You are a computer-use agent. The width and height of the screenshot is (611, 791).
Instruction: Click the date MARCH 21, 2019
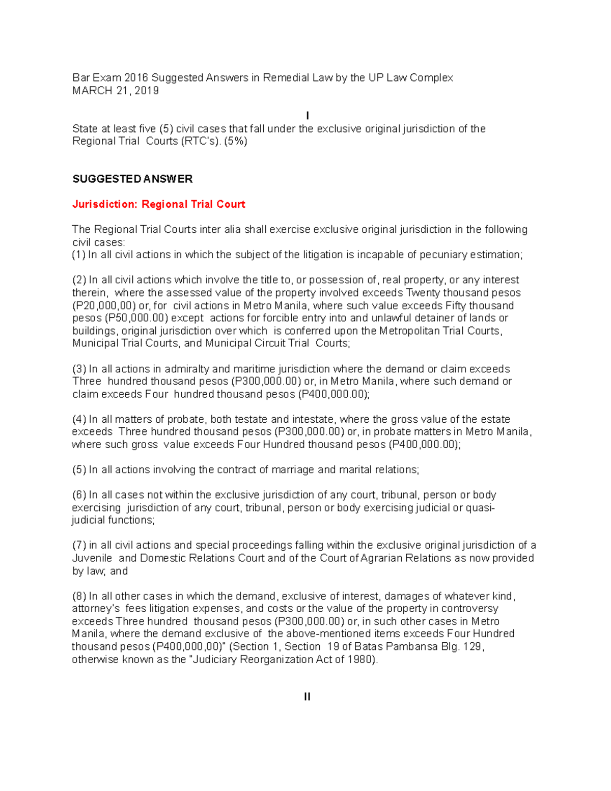116,91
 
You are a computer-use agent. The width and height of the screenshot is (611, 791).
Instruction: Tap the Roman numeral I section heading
307,116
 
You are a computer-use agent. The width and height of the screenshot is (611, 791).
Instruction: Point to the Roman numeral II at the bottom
307,697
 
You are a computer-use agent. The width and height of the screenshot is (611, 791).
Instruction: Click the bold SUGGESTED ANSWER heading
132,179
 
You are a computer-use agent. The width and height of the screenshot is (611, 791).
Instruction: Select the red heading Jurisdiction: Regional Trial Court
159,204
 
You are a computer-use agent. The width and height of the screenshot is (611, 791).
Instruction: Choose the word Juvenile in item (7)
92,558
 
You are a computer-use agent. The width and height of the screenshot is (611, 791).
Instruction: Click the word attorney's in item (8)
96,609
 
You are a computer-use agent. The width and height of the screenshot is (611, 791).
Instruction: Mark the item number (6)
79,495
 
